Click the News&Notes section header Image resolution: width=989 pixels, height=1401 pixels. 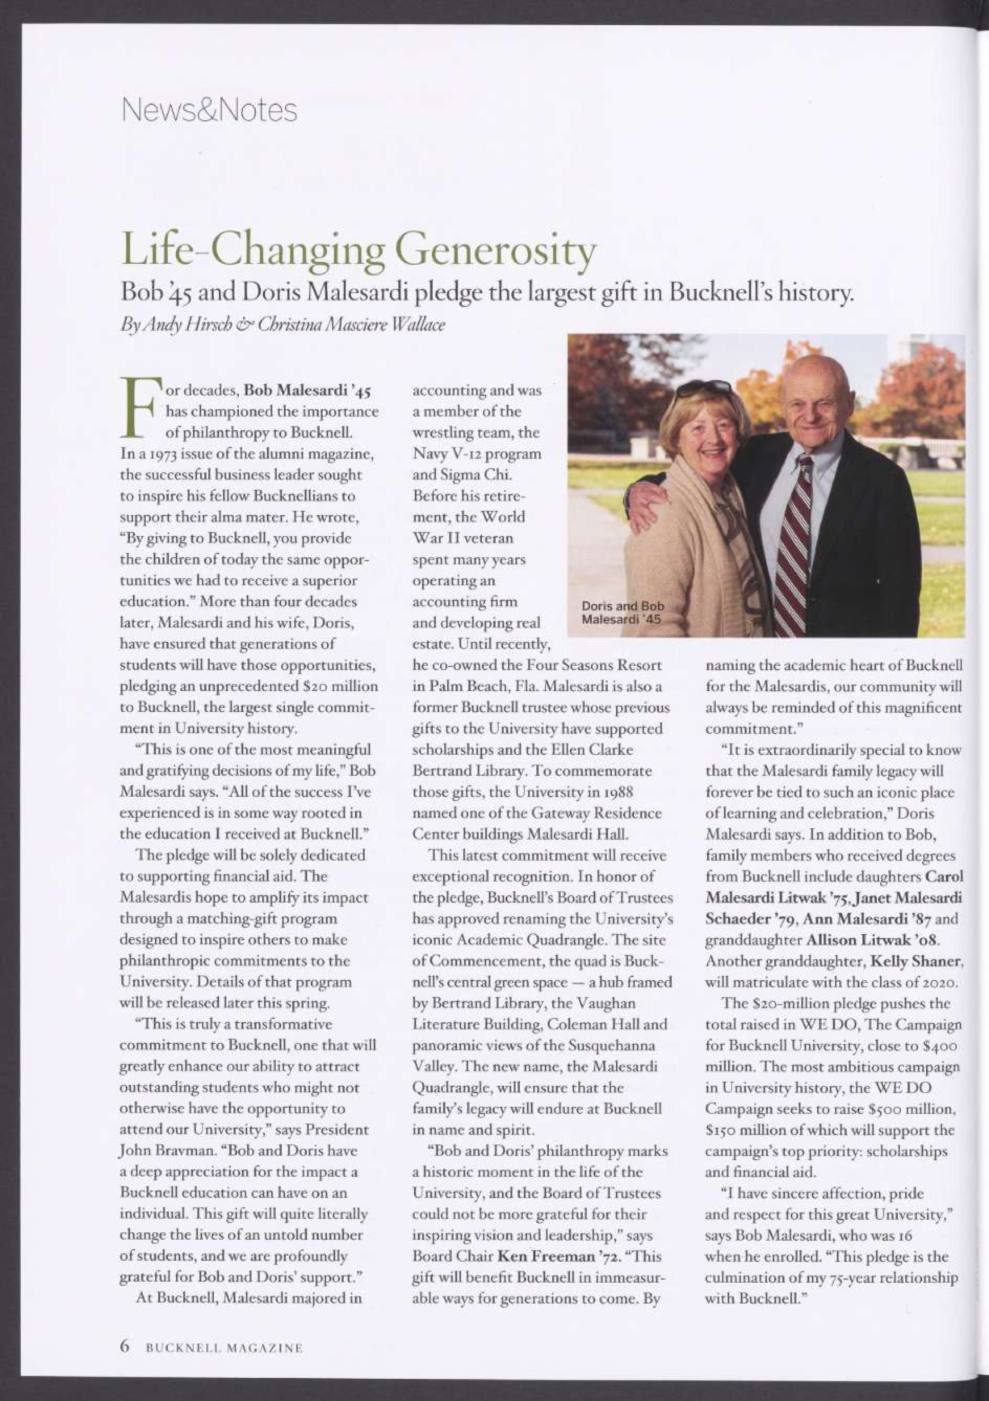coord(209,110)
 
